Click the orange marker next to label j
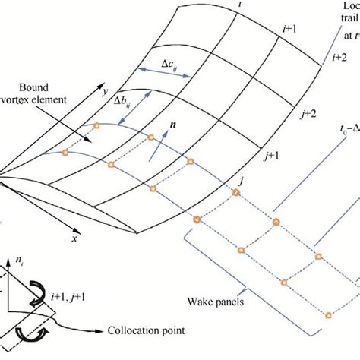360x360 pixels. coord(235,192)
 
